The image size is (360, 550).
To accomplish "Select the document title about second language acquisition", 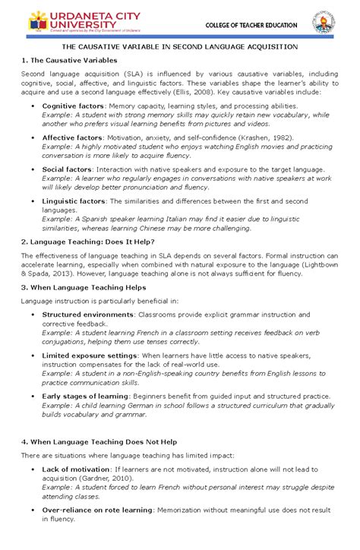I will [180, 47].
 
